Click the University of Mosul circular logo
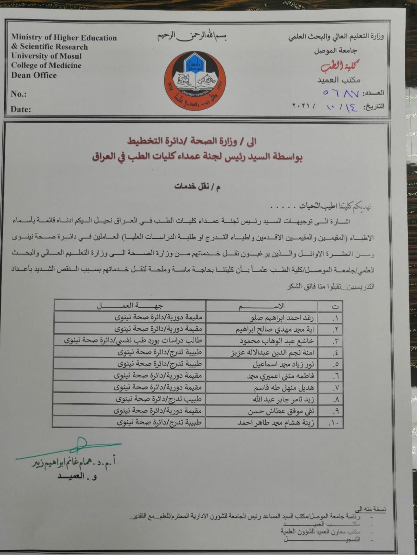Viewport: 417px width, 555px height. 195,81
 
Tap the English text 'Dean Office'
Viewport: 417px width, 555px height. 34,75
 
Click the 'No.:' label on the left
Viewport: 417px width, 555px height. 18,94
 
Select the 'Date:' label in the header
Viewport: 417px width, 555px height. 20,109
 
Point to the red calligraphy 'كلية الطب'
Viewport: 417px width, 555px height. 339,66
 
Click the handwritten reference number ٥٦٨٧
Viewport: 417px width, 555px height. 341,94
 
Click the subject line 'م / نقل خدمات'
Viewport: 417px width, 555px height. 198,187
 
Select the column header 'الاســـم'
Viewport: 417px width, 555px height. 261,306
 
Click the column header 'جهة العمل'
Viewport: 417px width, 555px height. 130,306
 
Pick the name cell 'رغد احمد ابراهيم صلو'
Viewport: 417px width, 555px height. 282,318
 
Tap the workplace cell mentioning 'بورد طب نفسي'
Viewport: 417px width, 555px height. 133,341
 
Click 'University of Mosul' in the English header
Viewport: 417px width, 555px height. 46,56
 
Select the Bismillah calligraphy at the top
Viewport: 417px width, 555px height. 192,36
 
